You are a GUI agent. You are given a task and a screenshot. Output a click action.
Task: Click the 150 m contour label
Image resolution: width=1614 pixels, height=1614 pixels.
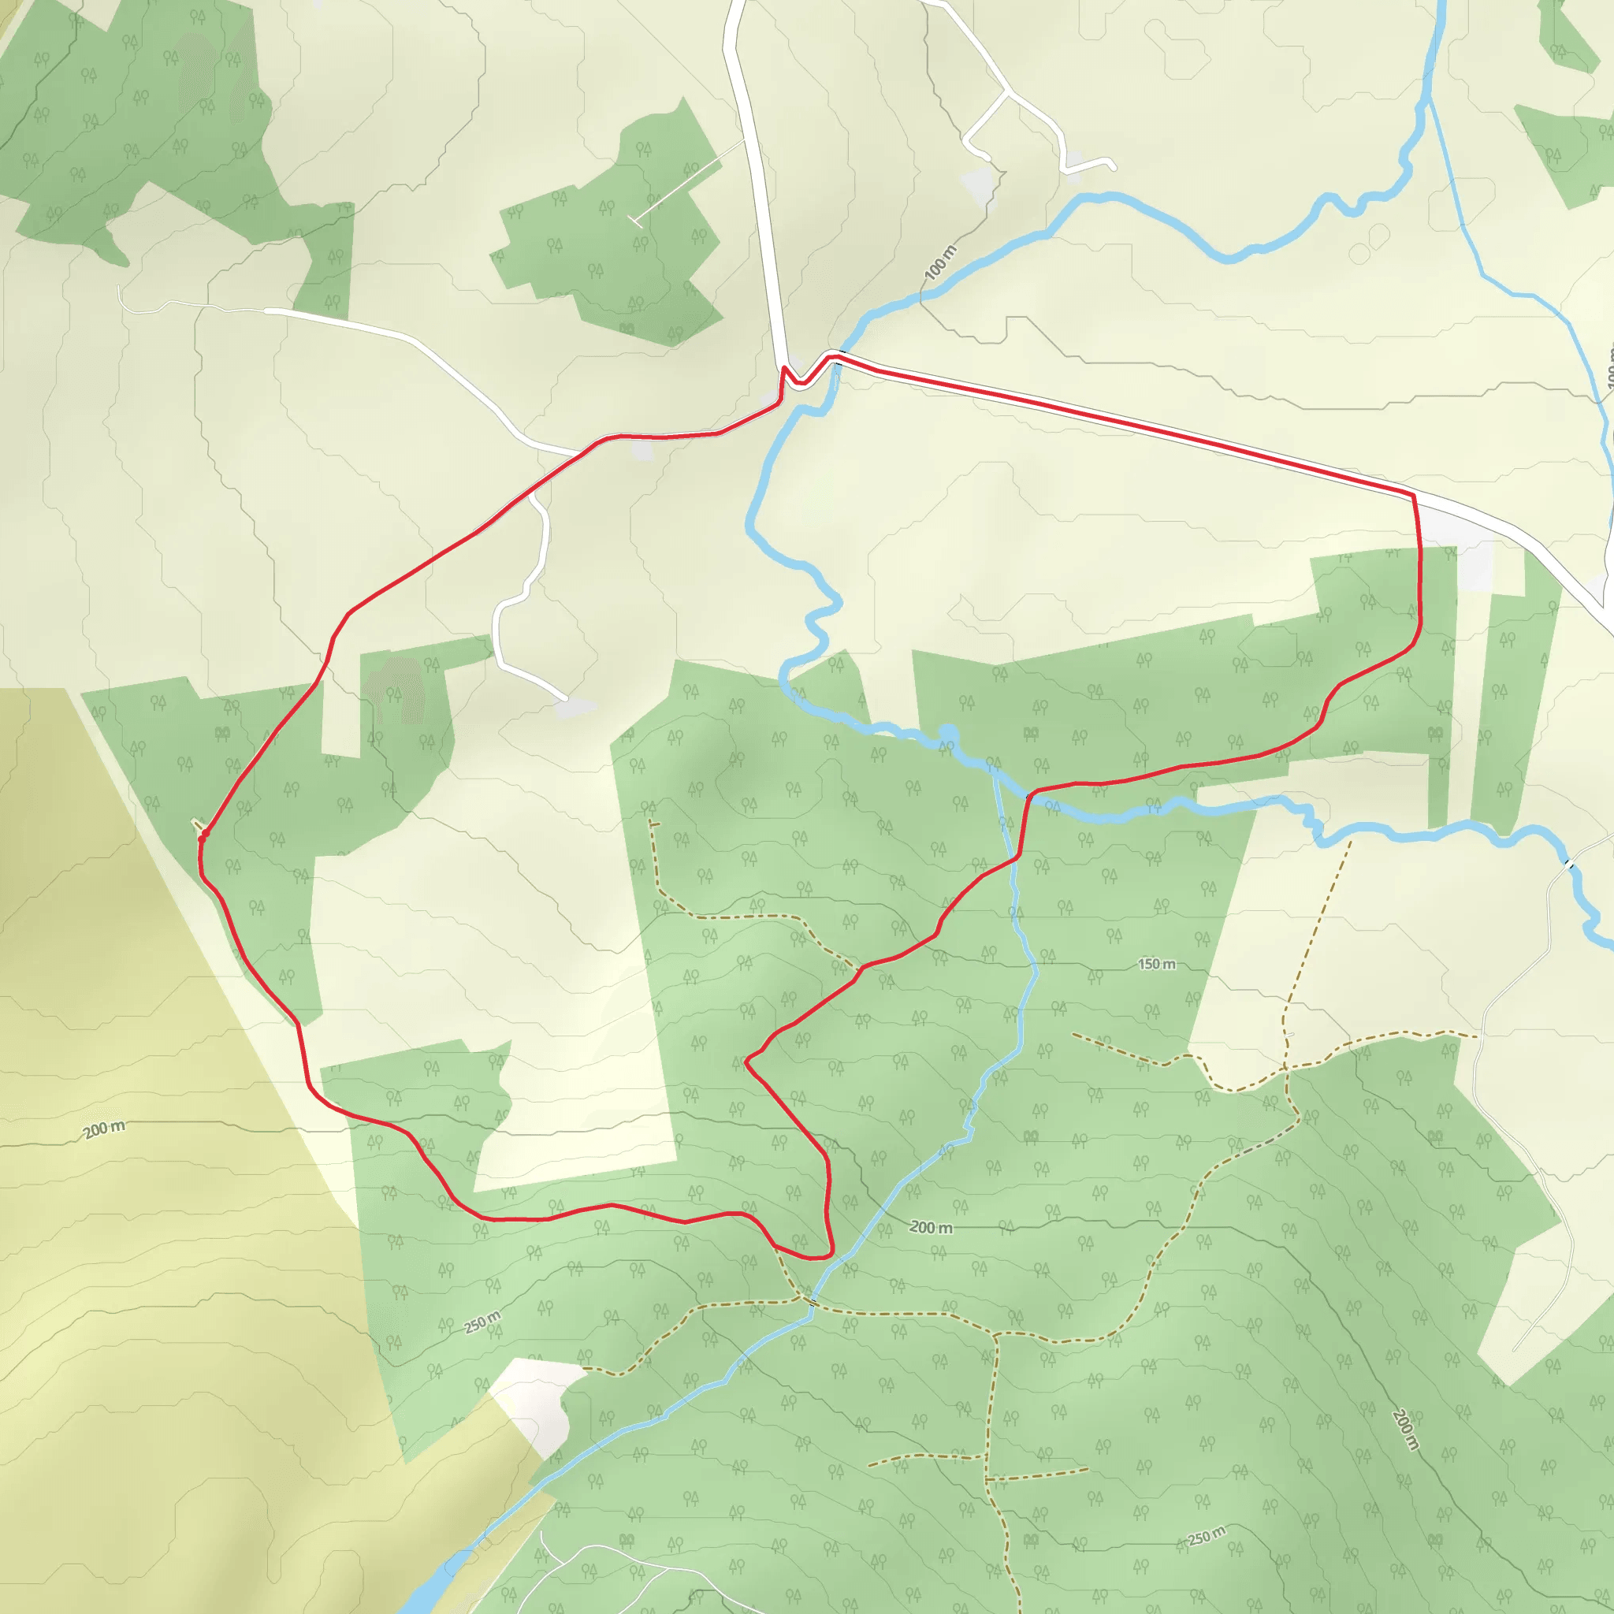click(1156, 964)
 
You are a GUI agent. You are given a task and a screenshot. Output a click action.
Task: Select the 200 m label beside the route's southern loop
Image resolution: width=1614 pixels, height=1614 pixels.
click(931, 1227)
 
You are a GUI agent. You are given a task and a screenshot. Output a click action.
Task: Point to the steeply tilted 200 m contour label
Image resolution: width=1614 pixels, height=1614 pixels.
click(1406, 1430)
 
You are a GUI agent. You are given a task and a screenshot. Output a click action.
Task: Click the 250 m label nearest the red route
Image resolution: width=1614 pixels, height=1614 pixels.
click(483, 1322)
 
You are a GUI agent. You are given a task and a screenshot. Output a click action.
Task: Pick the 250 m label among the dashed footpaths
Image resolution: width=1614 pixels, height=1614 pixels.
click(1207, 1534)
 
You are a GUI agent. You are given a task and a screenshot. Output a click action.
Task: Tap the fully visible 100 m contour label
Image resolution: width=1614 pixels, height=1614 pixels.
click(941, 262)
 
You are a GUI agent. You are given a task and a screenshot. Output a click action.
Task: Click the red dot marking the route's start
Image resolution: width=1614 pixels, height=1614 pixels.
click(205, 833)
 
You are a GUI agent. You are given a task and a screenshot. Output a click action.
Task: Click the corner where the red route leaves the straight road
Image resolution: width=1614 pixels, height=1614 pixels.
click(1414, 496)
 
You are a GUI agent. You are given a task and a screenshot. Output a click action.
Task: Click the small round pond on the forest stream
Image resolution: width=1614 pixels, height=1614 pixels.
click(947, 734)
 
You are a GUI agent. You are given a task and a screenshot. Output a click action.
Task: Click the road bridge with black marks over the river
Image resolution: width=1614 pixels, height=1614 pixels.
click(1569, 864)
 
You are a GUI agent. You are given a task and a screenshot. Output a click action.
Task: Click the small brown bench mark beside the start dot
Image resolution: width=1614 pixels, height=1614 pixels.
click(196, 824)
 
